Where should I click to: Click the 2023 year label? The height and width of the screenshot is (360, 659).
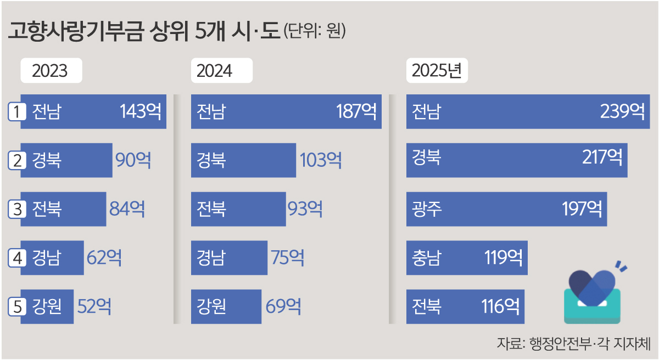[x=51, y=71]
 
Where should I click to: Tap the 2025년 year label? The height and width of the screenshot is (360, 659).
[x=437, y=71]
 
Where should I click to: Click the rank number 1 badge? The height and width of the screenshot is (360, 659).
[x=18, y=112]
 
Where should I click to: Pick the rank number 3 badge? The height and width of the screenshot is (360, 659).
[x=18, y=209]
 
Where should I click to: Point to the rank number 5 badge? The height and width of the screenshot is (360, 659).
[x=18, y=306]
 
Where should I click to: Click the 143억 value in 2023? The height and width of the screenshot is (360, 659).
[x=141, y=112]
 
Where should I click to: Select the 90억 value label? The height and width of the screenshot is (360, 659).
[x=133, y=160]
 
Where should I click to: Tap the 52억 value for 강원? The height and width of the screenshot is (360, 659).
[x=94, y=306]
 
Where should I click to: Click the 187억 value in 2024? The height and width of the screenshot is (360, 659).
[x=356, y=112]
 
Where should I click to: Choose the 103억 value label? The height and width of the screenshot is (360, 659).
[x=321, y=160]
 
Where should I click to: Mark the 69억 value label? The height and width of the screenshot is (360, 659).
[x=283, y=306]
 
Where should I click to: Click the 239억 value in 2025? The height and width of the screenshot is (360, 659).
[x=622, y=112]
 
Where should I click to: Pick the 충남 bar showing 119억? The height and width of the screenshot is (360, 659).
[x=467, y=257]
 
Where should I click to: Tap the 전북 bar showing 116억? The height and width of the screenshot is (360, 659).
[x=465, y=306]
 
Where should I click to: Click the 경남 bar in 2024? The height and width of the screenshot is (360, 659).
[x=229, y=257]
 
